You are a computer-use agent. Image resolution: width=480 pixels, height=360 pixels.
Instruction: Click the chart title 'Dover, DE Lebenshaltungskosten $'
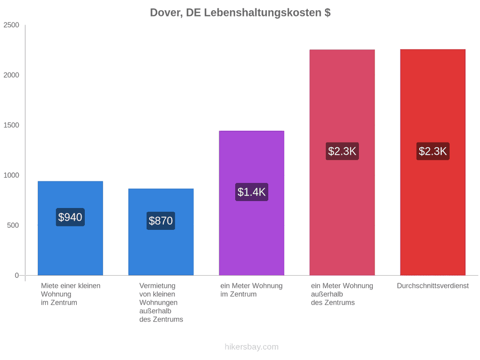click(240, 13)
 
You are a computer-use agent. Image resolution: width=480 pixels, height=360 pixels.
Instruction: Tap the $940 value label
click(70, 217)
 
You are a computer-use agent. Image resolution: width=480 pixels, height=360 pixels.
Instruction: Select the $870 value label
click(161, 221)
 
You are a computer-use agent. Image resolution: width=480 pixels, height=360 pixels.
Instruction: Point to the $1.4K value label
click(252, 192)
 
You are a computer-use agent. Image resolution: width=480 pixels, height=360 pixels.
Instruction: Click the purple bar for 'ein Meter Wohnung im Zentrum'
click(252, 203)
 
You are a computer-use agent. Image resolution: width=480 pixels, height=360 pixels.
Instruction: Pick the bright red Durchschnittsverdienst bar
click(433, 162)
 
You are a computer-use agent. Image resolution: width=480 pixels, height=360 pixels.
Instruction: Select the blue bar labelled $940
click(70, 228)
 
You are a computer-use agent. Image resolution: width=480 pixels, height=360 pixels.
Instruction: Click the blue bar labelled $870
click(161, 232)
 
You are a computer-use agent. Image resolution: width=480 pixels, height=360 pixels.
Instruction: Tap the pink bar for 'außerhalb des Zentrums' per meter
click(342, 162)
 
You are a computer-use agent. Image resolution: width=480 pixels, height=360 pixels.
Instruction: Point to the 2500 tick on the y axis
click(11, 25)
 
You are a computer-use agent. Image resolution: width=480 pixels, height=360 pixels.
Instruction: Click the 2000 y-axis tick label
click(11, 75)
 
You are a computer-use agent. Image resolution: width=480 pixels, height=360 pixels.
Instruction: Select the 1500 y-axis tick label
click(11, 125)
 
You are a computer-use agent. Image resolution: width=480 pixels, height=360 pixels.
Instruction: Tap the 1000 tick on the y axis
click(11, 175)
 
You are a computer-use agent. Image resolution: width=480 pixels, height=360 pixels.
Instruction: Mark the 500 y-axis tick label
click(13, 225)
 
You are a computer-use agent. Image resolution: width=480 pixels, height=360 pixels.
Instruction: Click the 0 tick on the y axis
click(17, 276)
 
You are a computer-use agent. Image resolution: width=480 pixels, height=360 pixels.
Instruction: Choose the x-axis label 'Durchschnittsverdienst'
click(433, 286)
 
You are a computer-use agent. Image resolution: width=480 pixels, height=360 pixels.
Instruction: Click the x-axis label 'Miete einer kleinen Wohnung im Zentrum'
click(71, 294)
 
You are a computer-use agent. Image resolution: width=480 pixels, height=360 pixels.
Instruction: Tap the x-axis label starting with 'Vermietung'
click(161, 302)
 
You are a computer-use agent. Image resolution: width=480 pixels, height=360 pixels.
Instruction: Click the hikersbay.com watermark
click(252, 347)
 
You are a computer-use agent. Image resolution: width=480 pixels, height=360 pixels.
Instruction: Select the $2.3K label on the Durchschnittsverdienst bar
click(433, 151)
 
